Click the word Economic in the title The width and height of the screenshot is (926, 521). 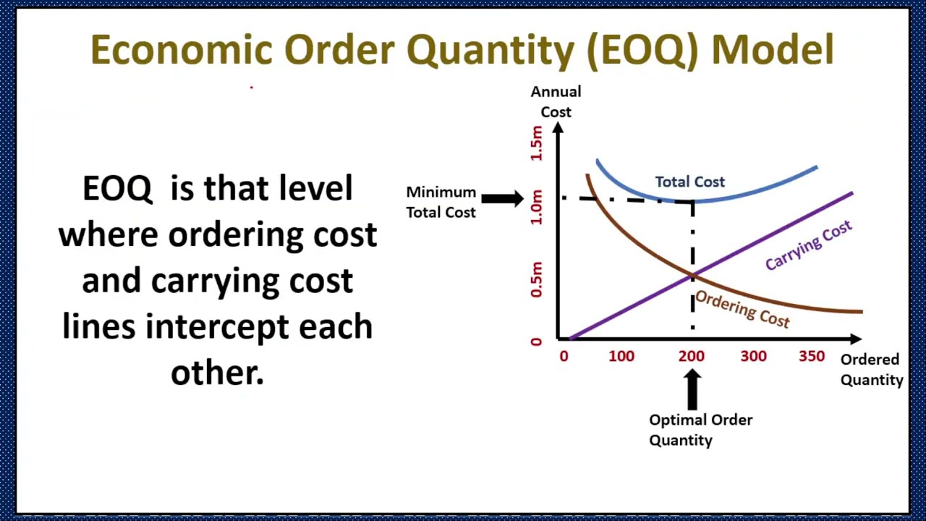coord(182,50)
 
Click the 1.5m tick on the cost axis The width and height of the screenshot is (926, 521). coord(536,143)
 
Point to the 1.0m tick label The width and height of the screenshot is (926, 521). coord(536,207)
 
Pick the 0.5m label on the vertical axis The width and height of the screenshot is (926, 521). coord(536,279)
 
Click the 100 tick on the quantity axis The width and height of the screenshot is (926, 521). coord(621,356)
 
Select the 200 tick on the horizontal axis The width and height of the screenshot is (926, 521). coord(691,356)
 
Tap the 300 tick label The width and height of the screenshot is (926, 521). coord(753,356)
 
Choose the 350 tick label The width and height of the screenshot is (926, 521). coord(812,356)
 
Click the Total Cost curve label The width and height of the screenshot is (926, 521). coord(689,182)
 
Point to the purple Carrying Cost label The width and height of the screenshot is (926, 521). coord(808,246)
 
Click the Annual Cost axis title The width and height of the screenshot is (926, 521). coord(556,101)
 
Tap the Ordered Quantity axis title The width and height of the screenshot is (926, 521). coord(871,369)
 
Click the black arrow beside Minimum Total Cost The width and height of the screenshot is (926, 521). coord(502,198)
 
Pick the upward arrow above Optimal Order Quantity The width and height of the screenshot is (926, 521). coord(692,389)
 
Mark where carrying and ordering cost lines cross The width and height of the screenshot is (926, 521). coord(692,275)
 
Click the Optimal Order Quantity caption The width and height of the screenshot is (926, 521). coord(700,430)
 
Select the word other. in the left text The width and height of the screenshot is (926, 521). coord(217,373)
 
